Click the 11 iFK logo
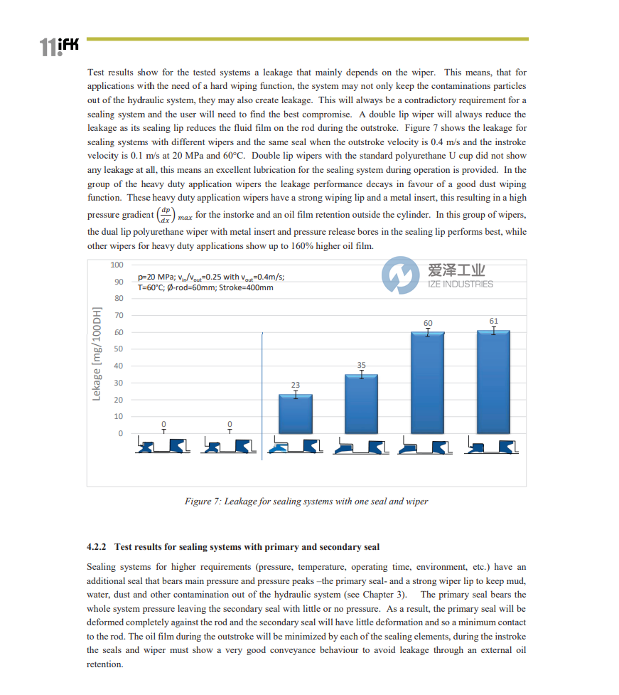tap(59, 47)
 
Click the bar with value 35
tap(361, 404)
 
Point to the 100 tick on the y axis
tap(117, 265)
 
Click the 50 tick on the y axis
tap(119, 349)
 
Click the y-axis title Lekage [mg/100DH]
tap(97, 354)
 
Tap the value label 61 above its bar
tap(494, 321)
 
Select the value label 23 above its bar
tap(296, 385)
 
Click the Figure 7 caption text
tap(306, 502)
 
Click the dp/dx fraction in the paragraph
tap(165, 214)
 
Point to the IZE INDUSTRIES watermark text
tap(460, 284)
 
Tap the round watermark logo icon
tap(400, 276)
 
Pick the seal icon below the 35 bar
tap(361, 447)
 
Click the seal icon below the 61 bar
tap(493, 447)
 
